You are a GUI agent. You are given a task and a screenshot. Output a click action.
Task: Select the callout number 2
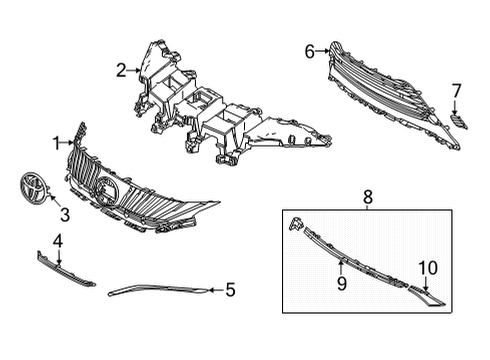121,69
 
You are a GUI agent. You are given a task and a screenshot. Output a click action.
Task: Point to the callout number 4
57,240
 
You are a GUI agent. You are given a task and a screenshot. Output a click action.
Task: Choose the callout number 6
309,50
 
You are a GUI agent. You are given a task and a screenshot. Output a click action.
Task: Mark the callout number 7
456,91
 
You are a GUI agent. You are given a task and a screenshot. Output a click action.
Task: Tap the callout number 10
427,267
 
